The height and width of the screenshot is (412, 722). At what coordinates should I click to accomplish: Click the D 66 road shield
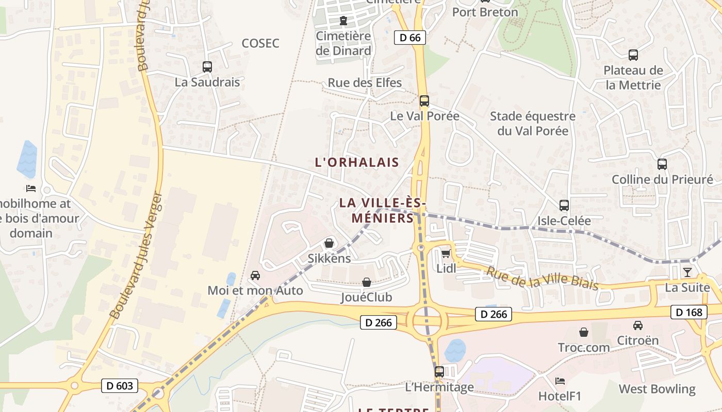tap(410, 38)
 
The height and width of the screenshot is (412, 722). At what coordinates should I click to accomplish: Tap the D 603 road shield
tap(120, 385)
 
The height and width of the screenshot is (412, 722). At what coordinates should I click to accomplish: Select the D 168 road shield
tap(688, 312)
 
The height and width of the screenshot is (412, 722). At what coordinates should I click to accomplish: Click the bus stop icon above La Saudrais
tap(207, 66)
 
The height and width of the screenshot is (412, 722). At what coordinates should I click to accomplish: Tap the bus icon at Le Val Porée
tap(424, 100)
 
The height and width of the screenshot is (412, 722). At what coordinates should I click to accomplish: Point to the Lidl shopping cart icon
tap(446, 253)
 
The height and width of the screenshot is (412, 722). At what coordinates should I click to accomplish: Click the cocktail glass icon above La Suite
tap(687, 272)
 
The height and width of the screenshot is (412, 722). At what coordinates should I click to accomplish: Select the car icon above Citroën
tap(638, 325)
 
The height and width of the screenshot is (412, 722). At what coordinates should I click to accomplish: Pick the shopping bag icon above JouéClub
tap(367, 282)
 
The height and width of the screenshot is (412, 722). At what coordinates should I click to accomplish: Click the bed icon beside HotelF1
tap(560, 381)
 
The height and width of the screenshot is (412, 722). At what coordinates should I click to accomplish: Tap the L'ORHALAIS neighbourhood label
tap(357, 162)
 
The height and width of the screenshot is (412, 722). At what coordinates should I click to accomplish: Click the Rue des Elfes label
tap(365, 82)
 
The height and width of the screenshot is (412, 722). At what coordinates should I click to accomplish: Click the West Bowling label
tap(657, 389)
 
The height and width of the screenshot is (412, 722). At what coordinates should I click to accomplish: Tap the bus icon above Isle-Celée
tap(564, 205)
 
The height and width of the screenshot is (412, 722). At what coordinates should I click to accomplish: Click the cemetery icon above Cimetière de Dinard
tap(343, 21)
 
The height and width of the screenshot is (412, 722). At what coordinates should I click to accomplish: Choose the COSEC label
tap(260, 43)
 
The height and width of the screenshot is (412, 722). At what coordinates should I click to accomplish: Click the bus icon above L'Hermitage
tap(439, 371)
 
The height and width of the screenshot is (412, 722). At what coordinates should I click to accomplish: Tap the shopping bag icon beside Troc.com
tap(584, 332)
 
